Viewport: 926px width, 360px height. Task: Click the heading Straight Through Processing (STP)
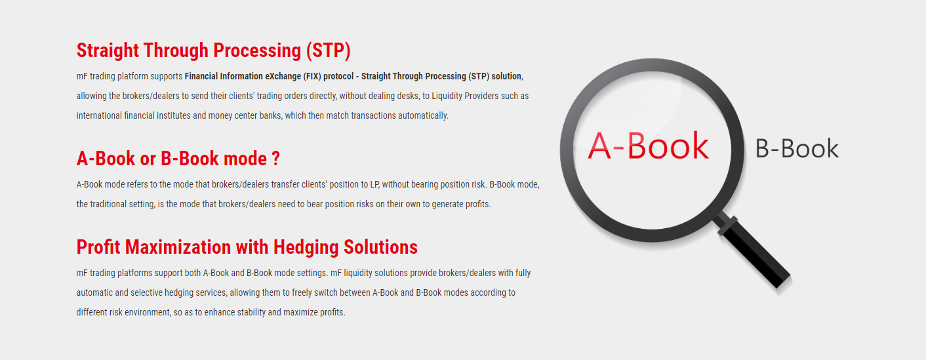pos(213,51)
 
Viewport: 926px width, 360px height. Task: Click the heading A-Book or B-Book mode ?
pos(178,159)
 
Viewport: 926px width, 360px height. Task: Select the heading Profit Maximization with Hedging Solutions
pos(247,248)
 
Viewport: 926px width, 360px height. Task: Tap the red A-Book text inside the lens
pos(648,146)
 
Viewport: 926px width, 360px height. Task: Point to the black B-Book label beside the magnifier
pos(797,149)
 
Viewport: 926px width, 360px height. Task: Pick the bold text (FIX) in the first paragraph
pos(312,77)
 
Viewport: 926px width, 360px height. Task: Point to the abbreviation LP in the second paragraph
pos(374,184)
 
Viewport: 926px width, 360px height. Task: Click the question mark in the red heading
pos(275,159)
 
